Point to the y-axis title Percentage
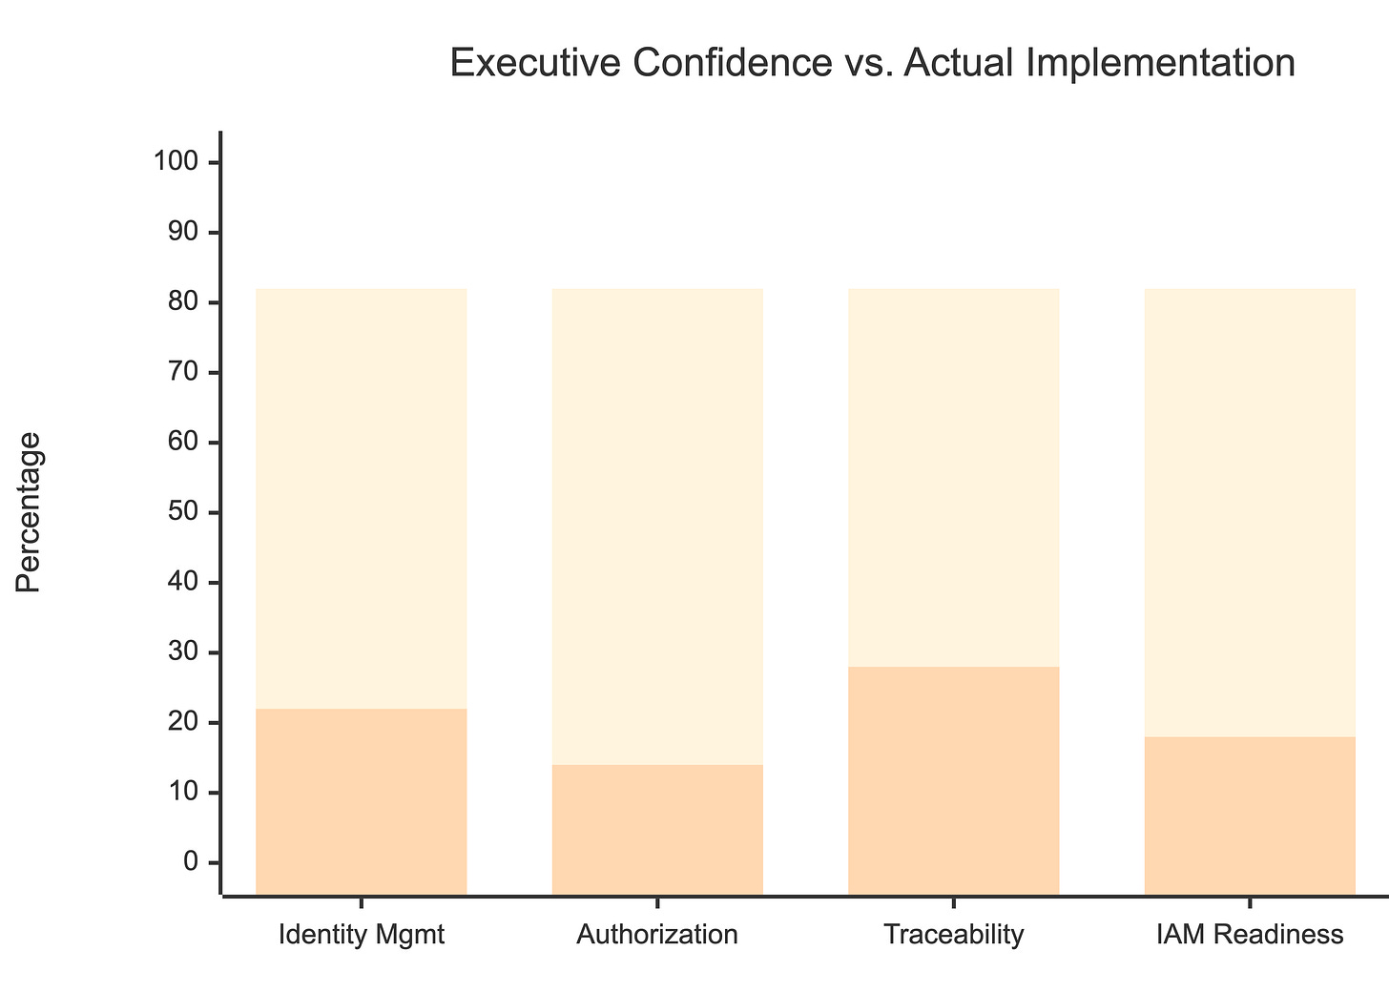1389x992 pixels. pos(30,512)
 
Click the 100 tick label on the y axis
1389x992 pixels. pos(176,162)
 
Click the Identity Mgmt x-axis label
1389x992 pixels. pos(362,935)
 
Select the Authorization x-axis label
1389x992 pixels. pos(657,935)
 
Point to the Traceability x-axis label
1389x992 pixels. pos(954,935)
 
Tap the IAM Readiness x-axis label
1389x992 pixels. pos(1250,935)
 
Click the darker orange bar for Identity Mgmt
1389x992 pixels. pos(362,801)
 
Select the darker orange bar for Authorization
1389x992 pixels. pos(657,830)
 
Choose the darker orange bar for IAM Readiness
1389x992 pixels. pos(1250,816)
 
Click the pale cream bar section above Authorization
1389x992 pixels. pos(657,525)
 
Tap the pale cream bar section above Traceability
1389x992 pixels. pos(954,477)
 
